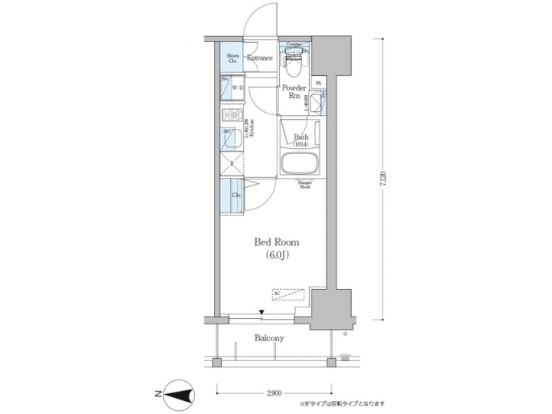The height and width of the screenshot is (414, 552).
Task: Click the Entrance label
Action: pyautogui.click(x=259, y=58)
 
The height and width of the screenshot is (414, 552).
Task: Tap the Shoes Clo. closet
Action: pyautogui.click(x=232, y=58)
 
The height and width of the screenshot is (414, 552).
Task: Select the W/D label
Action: pyautogui.click(x=238, y=88)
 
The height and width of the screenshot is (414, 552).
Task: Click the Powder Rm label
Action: pyautogui.click(x=294, y=93)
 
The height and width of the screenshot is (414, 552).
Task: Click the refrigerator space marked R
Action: pyautogui.click(x=231, y=163)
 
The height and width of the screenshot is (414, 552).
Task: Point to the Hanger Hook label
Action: pyautogui.click(x=304, y=185)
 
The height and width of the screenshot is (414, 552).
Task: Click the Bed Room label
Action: pyautogui.click(x=277, y=242)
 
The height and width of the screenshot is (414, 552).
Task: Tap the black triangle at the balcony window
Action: pyautogui.click(x=261, y=312)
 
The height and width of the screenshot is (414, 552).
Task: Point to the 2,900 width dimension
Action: pyautogui.click(x=274, y=392)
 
